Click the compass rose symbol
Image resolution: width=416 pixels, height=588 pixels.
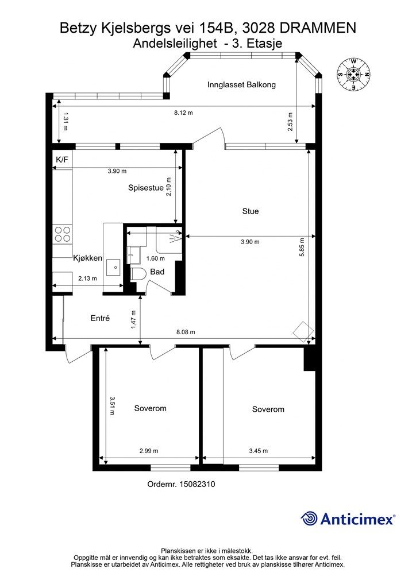[x=354, y=74]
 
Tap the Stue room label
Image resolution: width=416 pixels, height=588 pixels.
[x=250, y=211]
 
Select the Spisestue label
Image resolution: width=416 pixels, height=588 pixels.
[x=146, y=188]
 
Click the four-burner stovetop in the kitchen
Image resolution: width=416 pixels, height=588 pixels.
[x=63, y=234]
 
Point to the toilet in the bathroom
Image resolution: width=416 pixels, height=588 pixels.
[x=139, y=274]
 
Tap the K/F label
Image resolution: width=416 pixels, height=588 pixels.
[x=62, y=160]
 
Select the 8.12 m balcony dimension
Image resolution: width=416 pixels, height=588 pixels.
[x=183, y=113]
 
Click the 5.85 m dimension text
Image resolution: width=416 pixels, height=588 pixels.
[x=302, y=247]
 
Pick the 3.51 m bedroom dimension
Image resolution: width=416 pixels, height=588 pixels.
[x=112, y=406]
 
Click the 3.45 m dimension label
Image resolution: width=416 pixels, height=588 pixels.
[x=259, y=451]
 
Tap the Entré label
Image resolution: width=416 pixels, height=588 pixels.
[x=100, y=318]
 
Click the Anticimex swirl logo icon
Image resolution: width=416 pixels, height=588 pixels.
[x=309, y=519]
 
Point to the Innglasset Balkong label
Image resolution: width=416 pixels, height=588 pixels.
[x=241, y=85]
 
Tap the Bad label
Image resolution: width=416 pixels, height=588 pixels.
[x=157, y=272]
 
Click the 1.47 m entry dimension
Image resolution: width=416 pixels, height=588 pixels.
[x=133, y=320]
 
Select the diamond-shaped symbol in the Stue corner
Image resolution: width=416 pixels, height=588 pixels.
[x=303, y=331]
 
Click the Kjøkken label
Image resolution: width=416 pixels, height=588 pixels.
[x=87, y=258]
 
